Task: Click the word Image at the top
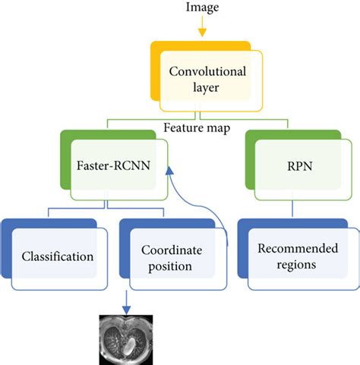pos(201,8)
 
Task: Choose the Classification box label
pos(58,256)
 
